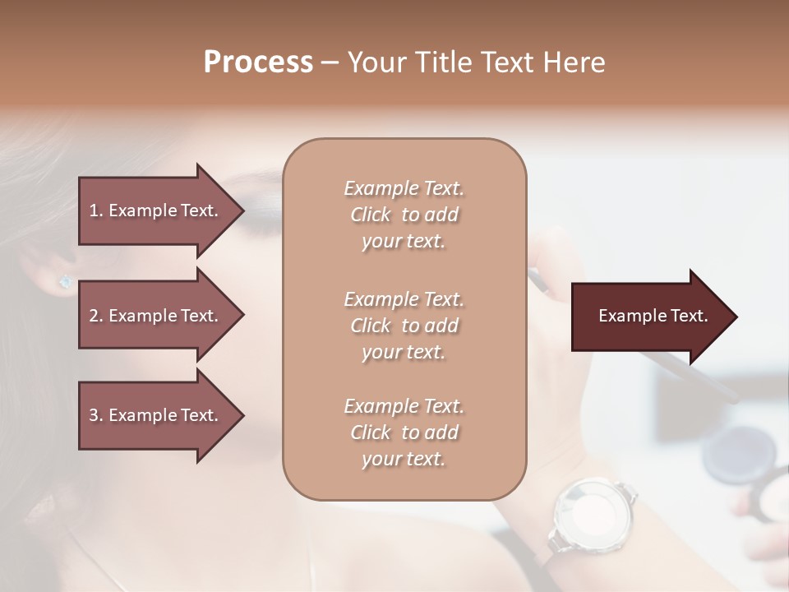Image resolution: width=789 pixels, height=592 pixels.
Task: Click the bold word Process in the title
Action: [258, 62]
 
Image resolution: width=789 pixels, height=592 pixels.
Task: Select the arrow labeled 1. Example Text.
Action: [156, 210]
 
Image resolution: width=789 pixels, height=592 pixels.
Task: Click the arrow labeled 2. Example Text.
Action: [156, 316]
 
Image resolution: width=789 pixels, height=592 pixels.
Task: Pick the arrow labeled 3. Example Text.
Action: [156, 415]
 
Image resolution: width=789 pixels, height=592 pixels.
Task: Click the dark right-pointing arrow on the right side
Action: [649, 316]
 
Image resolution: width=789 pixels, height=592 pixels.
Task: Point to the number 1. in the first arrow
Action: [96, 210]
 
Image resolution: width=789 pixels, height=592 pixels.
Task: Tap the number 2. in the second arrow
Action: [96, 316]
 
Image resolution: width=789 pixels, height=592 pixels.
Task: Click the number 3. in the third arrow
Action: [96, 415]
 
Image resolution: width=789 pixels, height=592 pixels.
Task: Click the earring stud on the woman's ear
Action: [65, 282]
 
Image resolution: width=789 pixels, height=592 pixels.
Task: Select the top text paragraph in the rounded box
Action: [404, 215]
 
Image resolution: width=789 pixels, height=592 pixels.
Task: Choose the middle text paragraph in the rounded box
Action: [404, 326]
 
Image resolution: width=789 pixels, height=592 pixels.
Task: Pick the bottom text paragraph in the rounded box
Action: [404, 432]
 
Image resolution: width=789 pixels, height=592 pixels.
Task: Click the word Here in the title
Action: [574, 62]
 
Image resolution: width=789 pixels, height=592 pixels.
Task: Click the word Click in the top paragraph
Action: [371, 215]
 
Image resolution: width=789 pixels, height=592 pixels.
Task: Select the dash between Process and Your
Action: [330, 62]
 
